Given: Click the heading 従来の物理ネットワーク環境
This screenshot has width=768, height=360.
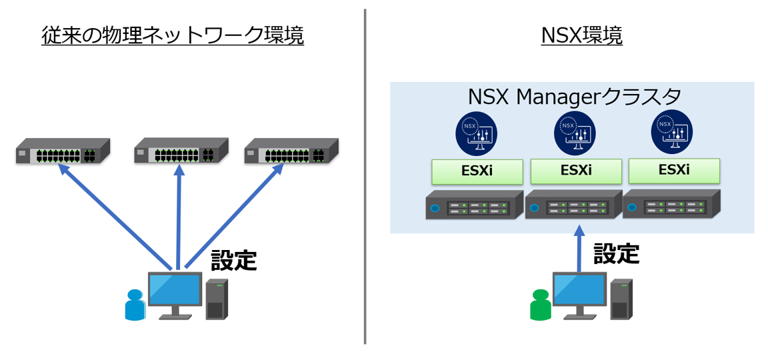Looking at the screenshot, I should (172, 35).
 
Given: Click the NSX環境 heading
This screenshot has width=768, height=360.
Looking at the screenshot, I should (582, 35).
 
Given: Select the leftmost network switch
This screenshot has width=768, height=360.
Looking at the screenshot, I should (63, 151).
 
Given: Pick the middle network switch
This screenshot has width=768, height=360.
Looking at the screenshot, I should (181, 151).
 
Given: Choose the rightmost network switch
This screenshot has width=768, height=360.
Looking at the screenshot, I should (291, 151).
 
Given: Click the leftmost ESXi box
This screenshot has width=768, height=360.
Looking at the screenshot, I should (477, 171).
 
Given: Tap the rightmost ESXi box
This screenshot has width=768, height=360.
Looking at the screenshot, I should (674, 170).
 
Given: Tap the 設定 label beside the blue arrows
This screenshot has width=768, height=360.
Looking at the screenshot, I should (233, 260).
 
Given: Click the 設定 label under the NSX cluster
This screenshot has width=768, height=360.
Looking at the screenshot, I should (616, 253).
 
